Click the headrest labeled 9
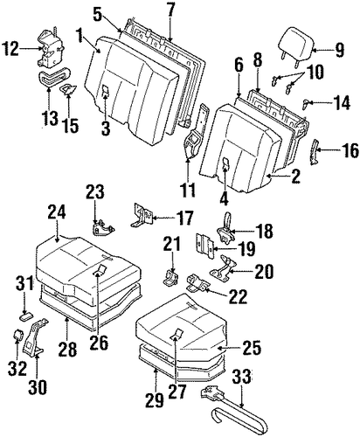pos(296,46)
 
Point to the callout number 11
pos(188,190)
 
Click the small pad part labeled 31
pos(25,316)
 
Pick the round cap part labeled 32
pos(18,335)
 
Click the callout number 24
pos(57,213)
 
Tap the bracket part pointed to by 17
pos(142,216)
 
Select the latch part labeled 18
pos(225,231)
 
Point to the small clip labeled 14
pos(305,104)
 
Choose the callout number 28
pos(67,349)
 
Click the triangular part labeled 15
pos(69,89)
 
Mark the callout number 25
pos(251,347)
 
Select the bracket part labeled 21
pos(170,277)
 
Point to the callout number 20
pos(264,271)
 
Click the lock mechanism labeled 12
pos(52,49)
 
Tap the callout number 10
pos(315,72)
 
